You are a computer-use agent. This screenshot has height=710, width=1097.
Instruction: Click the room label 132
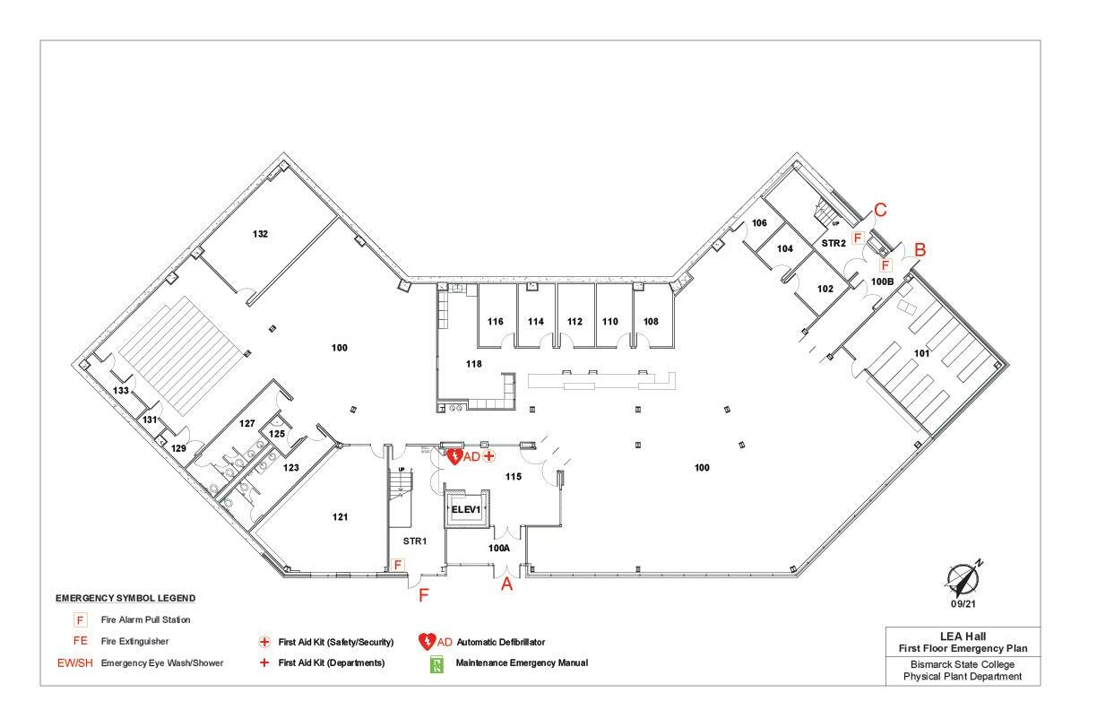click(260, 234)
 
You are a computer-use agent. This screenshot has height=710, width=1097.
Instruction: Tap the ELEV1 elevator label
click(466, 509)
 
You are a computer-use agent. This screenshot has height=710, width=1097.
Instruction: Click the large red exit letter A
click(506, 584)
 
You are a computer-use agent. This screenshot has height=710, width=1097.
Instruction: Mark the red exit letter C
click(880, 211)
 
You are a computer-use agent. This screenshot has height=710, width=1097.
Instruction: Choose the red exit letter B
click(919, 250)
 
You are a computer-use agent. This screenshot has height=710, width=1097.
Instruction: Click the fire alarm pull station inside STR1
click(399, 565)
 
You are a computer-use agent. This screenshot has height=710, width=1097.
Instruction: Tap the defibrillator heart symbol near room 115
click(454, 457)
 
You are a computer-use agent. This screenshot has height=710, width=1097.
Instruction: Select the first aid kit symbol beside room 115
click(489, 456)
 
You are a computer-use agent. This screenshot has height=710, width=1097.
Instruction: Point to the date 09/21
click(964, 605)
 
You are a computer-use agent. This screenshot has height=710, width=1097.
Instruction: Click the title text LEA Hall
click(963, 636)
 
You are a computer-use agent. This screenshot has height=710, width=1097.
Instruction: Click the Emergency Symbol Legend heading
click(125, 598)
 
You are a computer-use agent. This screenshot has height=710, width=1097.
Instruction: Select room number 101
click(921, 353)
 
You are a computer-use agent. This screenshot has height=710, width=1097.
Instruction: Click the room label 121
click(340, 517)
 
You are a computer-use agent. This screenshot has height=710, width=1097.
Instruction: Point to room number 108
click(651, 321)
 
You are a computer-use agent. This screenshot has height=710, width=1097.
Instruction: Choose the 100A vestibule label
click(498, 547)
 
